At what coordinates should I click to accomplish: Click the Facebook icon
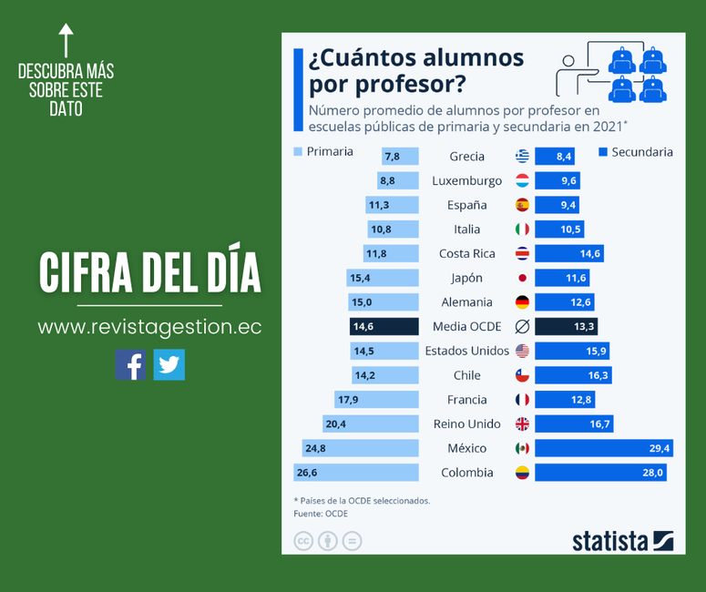coord(130,364)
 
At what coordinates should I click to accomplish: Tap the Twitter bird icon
coord(169,364)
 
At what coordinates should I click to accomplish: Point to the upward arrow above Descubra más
coord(66,41)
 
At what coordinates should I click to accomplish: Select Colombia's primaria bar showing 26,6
coord(356,472)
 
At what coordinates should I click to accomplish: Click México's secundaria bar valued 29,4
coord(603,448)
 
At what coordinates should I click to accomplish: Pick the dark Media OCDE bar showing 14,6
coord(384,326)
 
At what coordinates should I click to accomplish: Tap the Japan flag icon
coord(522,278)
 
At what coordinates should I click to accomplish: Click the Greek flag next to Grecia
coord(522,157)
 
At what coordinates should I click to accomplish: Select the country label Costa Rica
coord(466,253)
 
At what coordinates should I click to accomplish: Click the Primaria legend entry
coord(322,151)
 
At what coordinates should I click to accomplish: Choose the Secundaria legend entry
coord(636,152)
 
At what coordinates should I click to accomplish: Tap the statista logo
coord(622,541)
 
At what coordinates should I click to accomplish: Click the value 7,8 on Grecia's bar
coord(392,157)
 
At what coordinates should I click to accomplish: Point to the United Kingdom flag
coord(522,424)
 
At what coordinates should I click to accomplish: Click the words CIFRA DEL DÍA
coord(149,271)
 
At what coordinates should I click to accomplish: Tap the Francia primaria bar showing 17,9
coord(377,399)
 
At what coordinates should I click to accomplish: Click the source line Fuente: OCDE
coord(320,514)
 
